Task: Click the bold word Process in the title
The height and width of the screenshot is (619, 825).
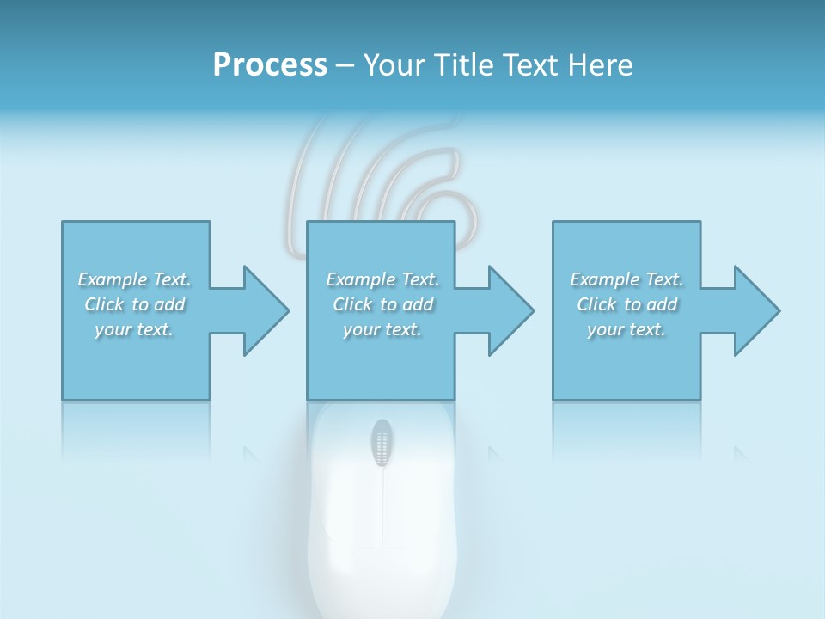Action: tap(270, 64)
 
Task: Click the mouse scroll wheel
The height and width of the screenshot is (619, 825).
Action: tap(382, 444)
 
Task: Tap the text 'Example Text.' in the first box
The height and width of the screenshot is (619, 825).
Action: tap(134, 279)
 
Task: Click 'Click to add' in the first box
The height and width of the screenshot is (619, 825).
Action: tap(134, 304)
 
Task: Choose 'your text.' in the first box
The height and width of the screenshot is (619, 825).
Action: tap(134, 329)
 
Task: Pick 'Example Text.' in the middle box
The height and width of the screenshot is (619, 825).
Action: tap(382, 279)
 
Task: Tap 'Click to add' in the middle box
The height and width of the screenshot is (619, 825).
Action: tap(382, 304)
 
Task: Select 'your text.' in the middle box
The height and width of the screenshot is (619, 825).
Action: tap(382, 329)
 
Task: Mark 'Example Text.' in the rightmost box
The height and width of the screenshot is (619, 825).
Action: tap(626, 279)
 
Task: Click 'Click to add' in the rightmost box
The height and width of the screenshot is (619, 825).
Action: tap(626, 304)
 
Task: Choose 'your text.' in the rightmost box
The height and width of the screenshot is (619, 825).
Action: tap(626, 329)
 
